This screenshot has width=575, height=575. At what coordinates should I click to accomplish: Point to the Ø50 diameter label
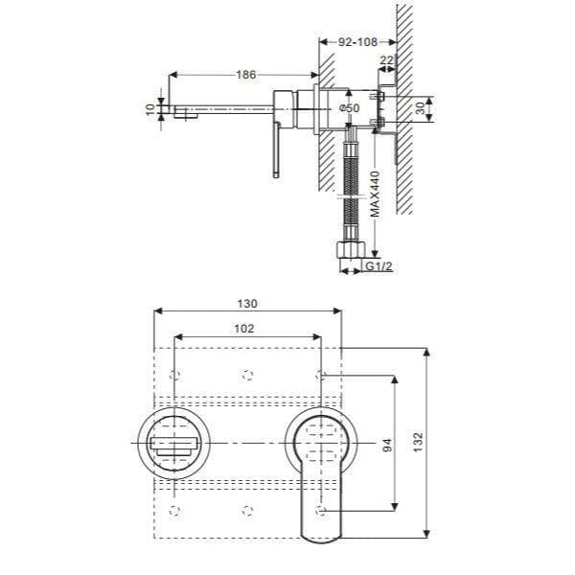349,109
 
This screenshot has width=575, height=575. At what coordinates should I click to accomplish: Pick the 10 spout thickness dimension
149,110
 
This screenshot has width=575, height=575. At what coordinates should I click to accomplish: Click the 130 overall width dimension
247,303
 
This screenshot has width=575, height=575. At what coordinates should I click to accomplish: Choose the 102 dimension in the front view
244,327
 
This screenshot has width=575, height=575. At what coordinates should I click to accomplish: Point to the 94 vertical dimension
387,445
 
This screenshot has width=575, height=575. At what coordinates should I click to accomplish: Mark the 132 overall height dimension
416,445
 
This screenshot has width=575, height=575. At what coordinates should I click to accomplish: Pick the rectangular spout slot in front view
173,445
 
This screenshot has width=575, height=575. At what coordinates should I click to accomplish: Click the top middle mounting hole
247,372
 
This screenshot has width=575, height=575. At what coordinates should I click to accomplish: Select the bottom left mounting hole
173,508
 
